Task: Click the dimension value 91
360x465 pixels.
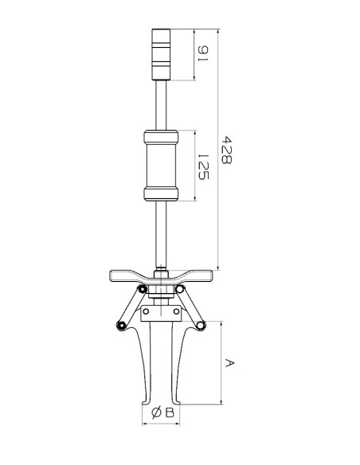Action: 203,53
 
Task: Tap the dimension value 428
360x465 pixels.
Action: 227,150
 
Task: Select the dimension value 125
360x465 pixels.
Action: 203,166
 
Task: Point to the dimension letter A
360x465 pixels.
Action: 229,363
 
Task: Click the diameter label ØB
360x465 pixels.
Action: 162,412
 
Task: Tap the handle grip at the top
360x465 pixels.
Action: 162,55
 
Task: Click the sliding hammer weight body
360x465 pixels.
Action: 161,166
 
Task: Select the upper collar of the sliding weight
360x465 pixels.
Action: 161,136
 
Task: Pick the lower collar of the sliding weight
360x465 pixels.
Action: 161,194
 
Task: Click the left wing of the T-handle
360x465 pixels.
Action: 126,275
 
